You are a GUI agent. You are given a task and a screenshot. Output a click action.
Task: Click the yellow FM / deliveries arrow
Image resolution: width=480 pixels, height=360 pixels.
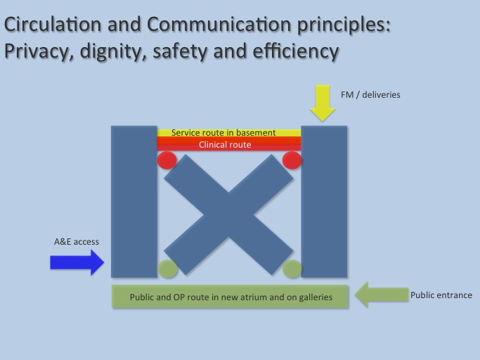(323, 103)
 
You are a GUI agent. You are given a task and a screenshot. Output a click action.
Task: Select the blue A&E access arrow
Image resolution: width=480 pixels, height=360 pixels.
(77, 262)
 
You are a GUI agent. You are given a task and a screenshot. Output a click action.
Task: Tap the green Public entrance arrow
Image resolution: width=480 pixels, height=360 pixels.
(382, 295)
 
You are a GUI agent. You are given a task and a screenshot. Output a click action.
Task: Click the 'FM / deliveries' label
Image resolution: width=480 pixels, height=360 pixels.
(370, 95)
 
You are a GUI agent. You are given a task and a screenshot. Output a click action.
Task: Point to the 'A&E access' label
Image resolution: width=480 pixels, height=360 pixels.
(77, 242)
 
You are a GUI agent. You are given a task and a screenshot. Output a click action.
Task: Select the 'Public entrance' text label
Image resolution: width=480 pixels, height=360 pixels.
(441, 295)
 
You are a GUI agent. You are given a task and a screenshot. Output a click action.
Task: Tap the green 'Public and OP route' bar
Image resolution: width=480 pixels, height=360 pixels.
(230, 296)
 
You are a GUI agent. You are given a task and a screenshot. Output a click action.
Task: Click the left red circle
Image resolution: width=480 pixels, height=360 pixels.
(167, 160)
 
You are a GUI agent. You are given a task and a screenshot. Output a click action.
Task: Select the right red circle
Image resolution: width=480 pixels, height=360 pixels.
(292, 160)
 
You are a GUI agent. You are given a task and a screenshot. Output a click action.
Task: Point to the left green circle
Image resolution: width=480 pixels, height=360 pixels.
(167, 269)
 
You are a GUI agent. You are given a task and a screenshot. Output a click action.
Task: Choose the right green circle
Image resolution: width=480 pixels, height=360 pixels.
(292, 269)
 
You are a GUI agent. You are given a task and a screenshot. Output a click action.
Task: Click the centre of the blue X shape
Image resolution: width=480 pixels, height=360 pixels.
(228, 214)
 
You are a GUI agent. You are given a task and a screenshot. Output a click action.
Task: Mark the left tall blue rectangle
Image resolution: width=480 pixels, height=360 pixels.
(134, 202)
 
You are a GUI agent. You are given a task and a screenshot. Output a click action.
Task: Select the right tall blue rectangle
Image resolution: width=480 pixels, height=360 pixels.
(324, 202)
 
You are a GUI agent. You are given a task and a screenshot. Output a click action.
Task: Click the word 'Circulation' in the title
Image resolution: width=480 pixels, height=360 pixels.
(53, 24)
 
